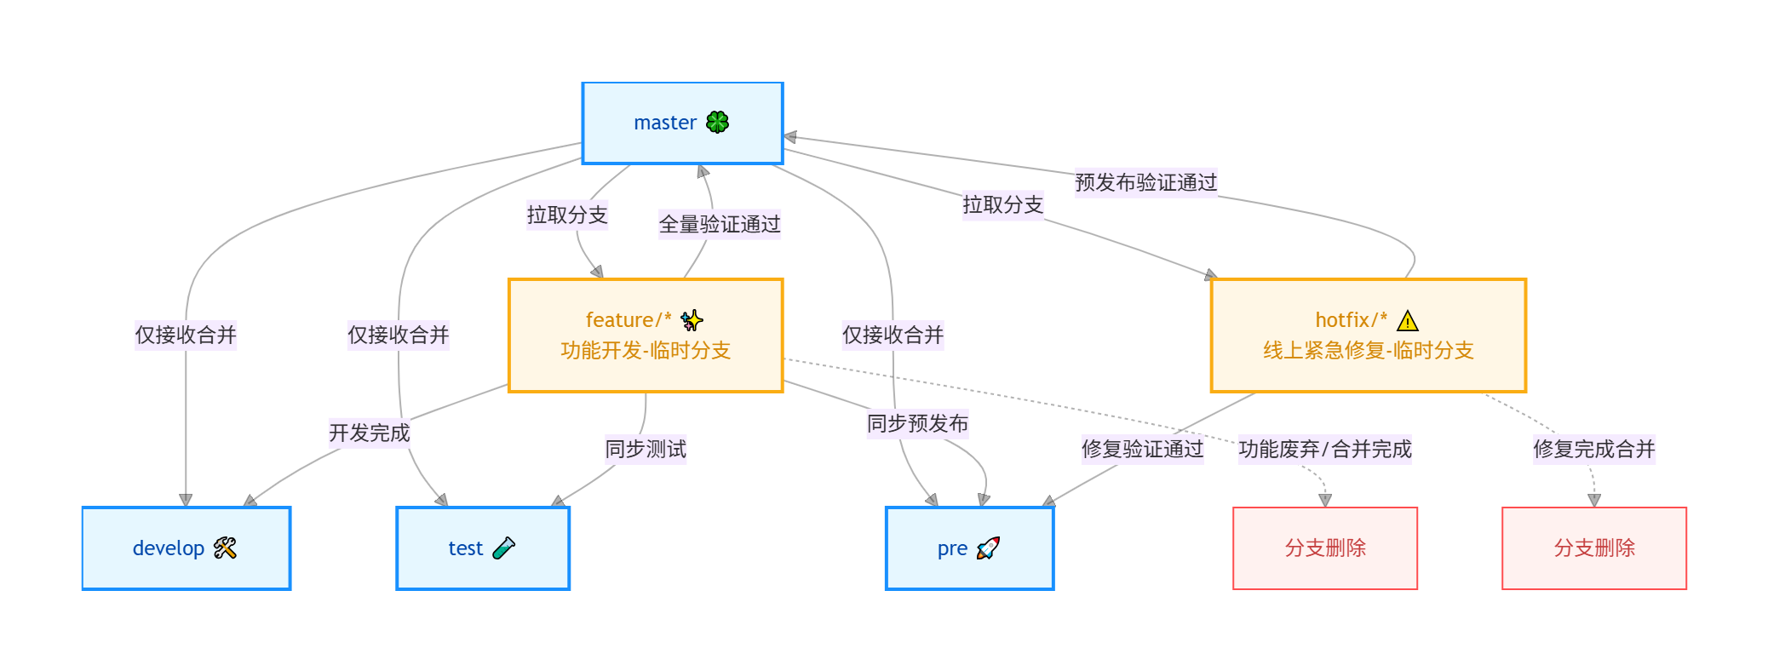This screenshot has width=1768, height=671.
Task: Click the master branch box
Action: pyautogui.click(x=682, y=123)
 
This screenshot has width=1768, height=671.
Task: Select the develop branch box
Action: pyautogui.click(x=186, y=548)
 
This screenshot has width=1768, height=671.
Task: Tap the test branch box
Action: pyautogui.click(x=483, y=548)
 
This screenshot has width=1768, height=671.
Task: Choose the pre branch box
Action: pyautogui.click(x=969, y=548)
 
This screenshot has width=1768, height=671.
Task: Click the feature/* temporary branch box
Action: pyautogui.click(x=645, y=335)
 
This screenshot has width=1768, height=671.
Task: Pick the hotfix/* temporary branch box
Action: pyautogui.click(x=1368, y=335)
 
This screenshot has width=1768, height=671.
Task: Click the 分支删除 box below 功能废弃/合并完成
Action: pyautogui.click(x=1325, y=548)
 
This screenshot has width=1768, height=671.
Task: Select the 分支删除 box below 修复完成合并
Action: pyautogui.click(x=1594, y=548)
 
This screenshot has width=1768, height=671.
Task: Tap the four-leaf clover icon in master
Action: pyautogui.click(x=718, y=123)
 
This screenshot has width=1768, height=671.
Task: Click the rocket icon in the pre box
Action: pyautogui.click(x=988, y=548)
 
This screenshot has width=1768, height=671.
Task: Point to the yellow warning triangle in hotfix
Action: pyautogui.click(x=1408, y=321)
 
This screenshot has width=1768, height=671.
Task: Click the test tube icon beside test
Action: pyautogui.click(x=503, y=548)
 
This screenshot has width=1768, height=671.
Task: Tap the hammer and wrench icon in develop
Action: pyautogui.click(x=225, y=548)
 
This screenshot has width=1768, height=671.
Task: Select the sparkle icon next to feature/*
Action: pyautogui.click(x=692, y=321)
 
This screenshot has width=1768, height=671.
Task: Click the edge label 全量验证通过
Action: pyautogui.click(x=720, y=224)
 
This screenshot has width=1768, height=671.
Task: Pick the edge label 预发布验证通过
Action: pyautogui.click(x=1145, y=182)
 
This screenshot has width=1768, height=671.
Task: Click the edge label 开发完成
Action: pyautogui.click(x=370, y=433)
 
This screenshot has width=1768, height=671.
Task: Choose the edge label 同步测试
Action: pyautogui.click(x=646, y=449)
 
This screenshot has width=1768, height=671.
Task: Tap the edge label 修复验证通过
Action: pyautogui.click(x=1142, y=449)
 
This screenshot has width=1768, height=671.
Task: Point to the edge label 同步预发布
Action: pyautogui.click(x=917, y=423)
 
